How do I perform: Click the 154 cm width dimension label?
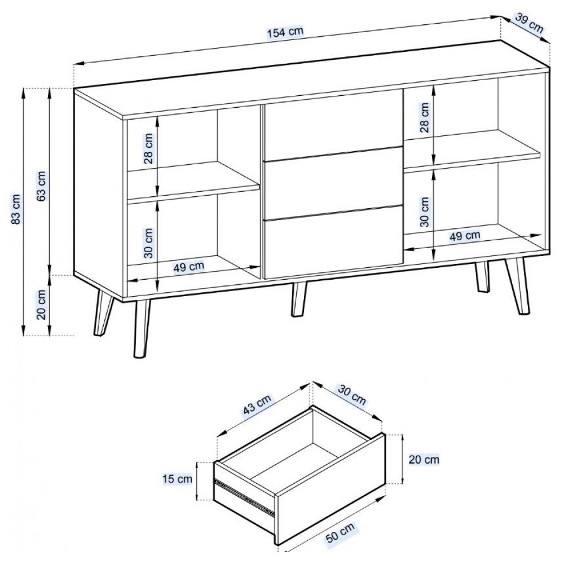[285, 32]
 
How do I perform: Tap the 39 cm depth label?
[529, 23]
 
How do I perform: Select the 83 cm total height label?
[16, 209]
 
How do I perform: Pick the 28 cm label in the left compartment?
[148, 148]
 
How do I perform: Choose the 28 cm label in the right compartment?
[425, 118]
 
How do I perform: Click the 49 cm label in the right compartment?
[465, 236]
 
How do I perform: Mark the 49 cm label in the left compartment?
[188, 267]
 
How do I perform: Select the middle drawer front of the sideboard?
[333, 183]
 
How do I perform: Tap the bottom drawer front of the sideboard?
[333, 242]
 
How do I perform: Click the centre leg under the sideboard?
[298, 299]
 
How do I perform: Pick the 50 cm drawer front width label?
[340, 533]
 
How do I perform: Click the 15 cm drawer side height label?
[177, 479]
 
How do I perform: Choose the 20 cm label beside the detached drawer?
[424, 459]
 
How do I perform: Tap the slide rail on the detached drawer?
[244, 494]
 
